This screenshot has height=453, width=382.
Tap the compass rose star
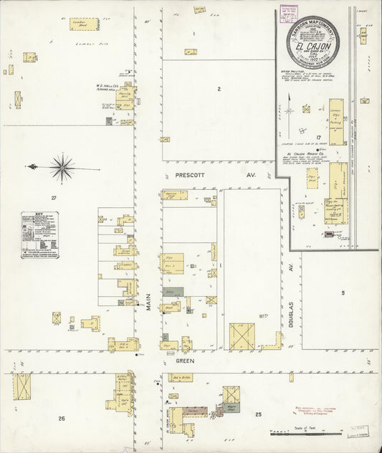(x=62, y=168)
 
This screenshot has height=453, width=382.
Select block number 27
(x=52, y=197)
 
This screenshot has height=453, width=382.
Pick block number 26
(x=62, y=417)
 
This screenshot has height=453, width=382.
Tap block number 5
(x=343, y=293)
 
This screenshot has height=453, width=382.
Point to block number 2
(x=219, y=89)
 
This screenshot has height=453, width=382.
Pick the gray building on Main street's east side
(x=173, y=293)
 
